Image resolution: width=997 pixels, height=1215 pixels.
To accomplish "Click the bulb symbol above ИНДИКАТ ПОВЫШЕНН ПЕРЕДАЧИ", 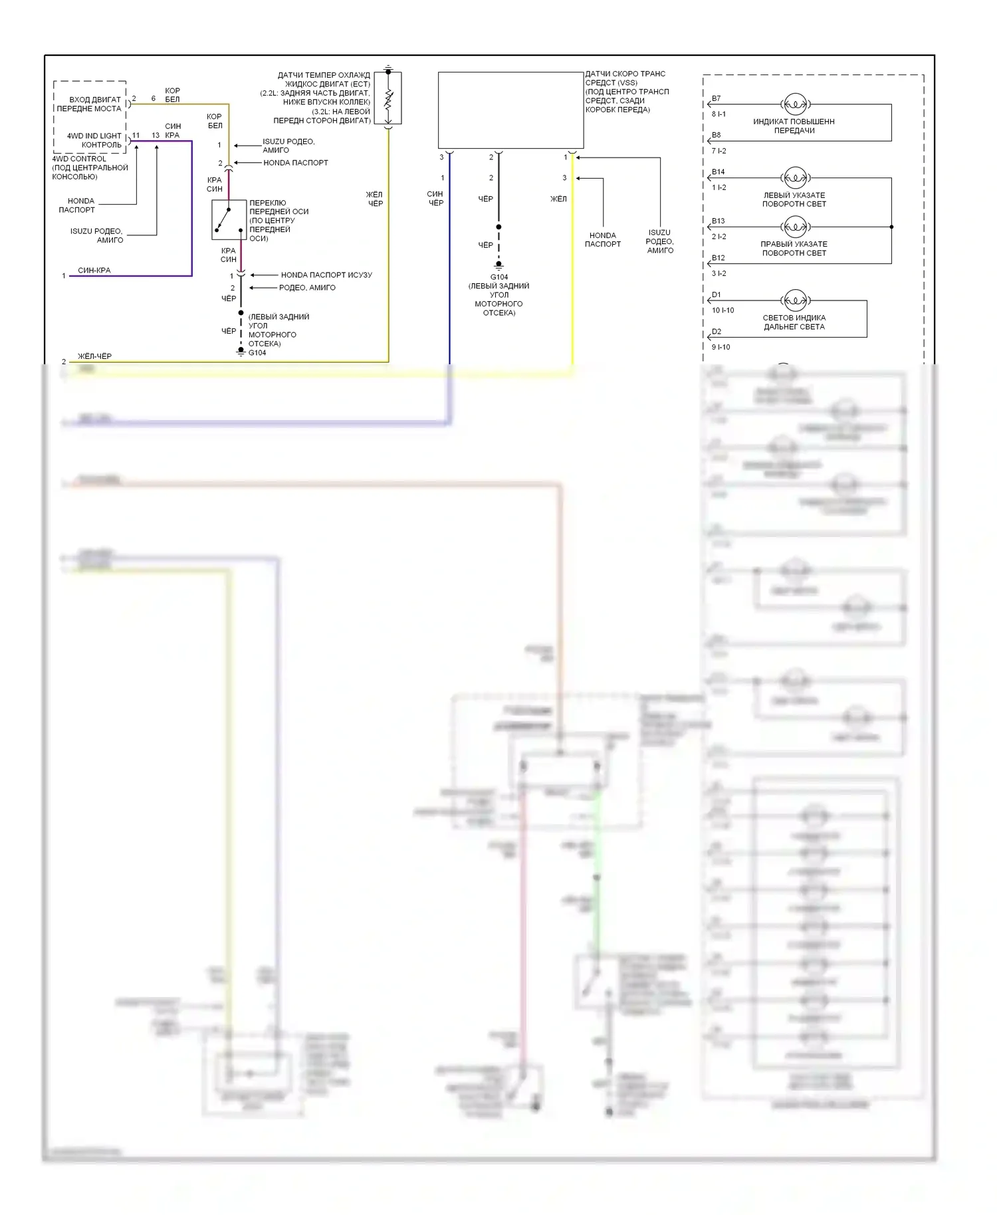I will tap(795, 104).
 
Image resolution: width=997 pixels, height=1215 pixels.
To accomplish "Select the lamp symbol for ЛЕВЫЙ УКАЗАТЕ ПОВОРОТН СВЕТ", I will tap(795, 178).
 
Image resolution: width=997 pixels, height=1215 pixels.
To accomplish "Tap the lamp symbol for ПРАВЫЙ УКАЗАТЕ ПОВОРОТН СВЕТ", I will tap(795, 227).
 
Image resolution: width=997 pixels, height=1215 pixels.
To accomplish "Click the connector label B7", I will tap(716, 98).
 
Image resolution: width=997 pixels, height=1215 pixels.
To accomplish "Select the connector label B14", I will tap(718, 172).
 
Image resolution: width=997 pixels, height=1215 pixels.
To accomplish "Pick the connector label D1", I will tap(716, 295).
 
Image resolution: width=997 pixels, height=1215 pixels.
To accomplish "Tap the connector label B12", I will tap(718, 258).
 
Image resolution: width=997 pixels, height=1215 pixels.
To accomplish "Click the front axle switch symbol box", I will tap(229, 219).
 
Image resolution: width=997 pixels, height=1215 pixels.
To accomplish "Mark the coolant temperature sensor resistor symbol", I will tap(388, 100).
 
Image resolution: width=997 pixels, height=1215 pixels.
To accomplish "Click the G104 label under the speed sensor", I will tap(499, 277).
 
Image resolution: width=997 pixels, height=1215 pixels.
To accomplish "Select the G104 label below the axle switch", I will tap(257, 353).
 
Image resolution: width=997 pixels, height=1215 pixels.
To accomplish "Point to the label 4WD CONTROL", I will tap(79, 159).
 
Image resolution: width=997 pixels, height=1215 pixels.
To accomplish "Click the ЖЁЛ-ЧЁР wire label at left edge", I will tap(94, 357).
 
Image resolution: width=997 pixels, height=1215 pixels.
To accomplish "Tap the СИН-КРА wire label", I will tap(94, 271).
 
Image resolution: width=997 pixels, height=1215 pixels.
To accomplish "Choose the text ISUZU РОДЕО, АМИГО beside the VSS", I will tap(659, 241).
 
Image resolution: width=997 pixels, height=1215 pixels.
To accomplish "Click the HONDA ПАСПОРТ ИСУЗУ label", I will tap(326, 275).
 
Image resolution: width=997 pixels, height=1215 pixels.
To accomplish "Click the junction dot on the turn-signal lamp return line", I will tap(891, 227).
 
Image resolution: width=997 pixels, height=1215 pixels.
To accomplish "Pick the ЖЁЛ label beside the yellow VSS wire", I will tap(558, 199).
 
